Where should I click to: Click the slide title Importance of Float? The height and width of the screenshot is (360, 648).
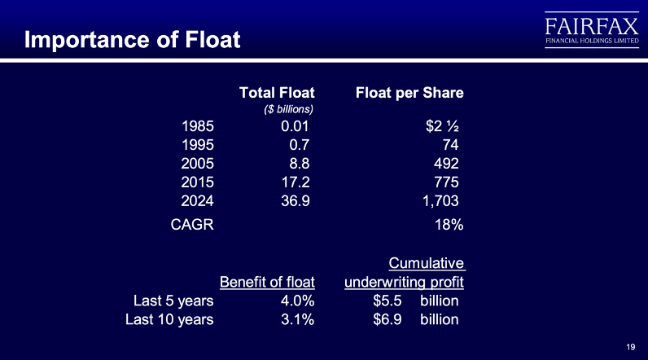[132, 40]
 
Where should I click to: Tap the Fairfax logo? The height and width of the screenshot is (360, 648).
[592, 30]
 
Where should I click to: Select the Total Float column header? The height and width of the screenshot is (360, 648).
[277, 93]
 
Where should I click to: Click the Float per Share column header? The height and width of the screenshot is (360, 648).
[409, 93]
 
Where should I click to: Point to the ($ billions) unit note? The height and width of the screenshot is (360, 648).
[288, 109]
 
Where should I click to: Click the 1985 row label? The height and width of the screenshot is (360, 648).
[198, 126]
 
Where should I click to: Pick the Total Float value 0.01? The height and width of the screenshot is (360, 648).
[295, 126]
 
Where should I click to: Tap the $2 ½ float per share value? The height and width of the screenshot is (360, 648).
[442, 126]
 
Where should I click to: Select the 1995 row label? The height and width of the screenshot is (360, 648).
[198, 145]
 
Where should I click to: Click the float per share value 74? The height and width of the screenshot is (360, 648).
[450, 145]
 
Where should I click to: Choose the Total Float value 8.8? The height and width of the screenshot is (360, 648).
[300, 163]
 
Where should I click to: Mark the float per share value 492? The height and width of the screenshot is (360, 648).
[446, 163]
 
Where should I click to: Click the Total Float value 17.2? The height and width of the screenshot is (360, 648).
[296, 182]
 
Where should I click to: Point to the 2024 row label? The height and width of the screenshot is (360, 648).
[198, 201]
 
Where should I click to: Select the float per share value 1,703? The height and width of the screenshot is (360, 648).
[440, 201]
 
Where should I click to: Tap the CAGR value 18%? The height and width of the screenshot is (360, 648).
[449, 225]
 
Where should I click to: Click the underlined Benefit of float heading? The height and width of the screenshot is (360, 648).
[267, 282]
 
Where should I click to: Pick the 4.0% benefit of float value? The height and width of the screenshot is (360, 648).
[298, 301]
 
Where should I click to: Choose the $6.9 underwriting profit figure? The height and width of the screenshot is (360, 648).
[387, 319]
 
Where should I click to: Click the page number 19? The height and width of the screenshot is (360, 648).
[631, 347]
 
